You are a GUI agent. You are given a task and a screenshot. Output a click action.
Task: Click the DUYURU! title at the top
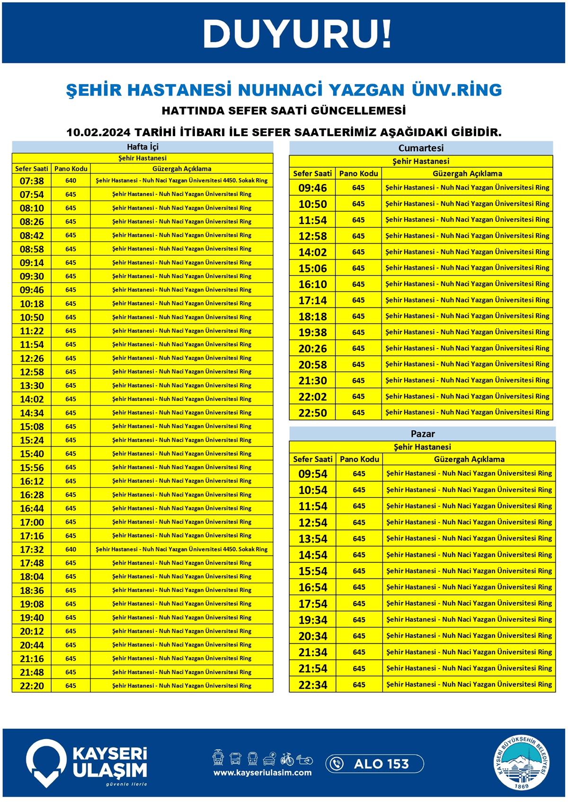[x=297, y=34]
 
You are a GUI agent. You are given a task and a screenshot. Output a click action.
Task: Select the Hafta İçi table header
[x=142, y=147]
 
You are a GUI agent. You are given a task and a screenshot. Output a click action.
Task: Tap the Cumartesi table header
[x=421, y=148]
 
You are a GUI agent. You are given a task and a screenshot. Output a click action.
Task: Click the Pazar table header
[x=422, y=434]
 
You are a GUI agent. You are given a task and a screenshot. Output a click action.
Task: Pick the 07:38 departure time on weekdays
[x=32, y=181]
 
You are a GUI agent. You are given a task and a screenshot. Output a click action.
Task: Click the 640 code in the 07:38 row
[x=71, y=181]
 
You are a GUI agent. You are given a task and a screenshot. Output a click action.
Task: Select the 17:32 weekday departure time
[x=32, y=549]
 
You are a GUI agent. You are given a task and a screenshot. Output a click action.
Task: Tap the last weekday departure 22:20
[x=32, y=686]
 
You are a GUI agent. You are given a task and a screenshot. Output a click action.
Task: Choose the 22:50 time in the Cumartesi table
[x=312, y=413]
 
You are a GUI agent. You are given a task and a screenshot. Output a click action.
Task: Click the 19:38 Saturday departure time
[x=312, y=332]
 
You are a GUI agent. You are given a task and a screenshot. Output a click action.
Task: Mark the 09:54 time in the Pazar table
[x=312, y=474]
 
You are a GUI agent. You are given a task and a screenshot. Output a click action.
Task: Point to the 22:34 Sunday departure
[x=312, y=685]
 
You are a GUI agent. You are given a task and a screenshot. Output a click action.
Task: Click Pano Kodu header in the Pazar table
[x=359, y=459]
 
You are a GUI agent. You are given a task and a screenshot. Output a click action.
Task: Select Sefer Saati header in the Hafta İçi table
[x=32, y=169]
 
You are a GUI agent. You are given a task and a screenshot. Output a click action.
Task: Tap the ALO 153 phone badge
[x=374, y=764]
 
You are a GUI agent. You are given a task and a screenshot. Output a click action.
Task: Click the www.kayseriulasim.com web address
[x=262, y=773]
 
